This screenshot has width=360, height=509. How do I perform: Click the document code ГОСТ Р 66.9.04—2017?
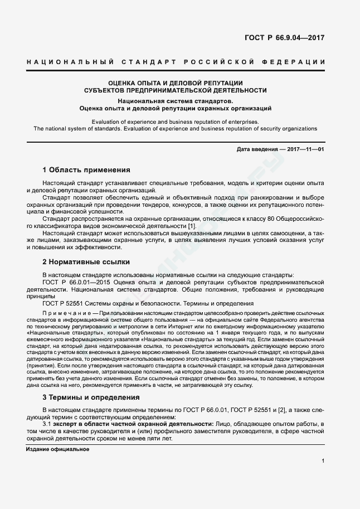pyautogui.click(x=284, y=38)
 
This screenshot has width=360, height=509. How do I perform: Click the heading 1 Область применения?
pyautogui.click(x=86, y=170)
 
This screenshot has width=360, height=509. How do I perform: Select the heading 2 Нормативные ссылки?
pyautogui.click(x=86, y=261)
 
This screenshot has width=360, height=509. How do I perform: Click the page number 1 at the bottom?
pyautogui.click(x=323, y=460)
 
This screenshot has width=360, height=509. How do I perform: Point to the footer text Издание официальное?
pyautogui.click(x=57, y=449)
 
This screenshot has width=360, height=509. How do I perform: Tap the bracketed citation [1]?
pyautogui.click(x=191, y=225)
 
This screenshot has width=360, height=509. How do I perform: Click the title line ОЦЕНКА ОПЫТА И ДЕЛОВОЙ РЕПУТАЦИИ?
pyautogui.click(x=175, y=83)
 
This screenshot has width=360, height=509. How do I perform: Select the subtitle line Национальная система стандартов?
pyautogui.click(x=175, y=101)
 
